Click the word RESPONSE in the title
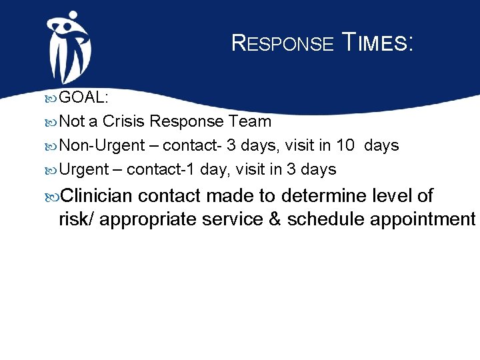point(282,44)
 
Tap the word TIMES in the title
point(377,44)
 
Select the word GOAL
point(84,97)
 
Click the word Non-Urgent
point(99,145)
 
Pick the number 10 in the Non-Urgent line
point(344,145)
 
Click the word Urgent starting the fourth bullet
point(83,169)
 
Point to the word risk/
point(77,219)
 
